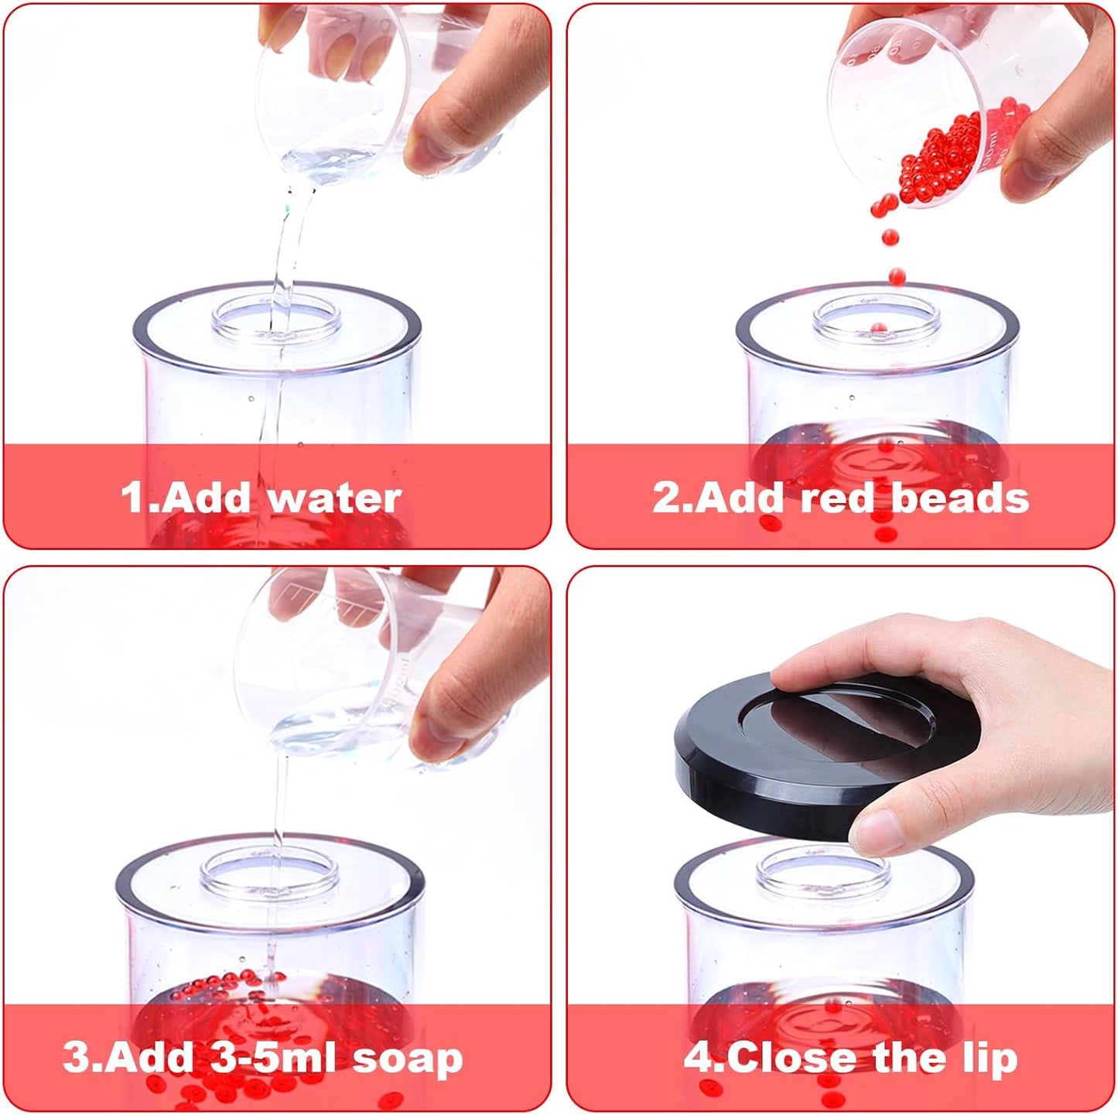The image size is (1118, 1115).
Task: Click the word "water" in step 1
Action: click(x=336, y=498)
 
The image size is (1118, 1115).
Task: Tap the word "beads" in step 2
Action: click(x=959, y=498)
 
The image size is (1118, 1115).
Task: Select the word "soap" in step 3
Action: click(x=408, y=1059)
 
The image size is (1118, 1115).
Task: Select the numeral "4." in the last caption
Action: click(x=704, y=1058)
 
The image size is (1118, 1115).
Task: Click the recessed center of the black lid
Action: click(x=836, y=719)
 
